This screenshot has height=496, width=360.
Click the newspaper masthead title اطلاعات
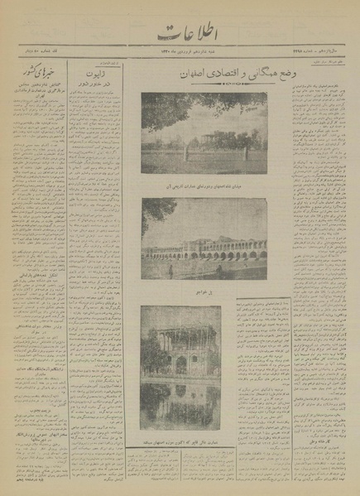181,36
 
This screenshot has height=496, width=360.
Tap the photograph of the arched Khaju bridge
204,243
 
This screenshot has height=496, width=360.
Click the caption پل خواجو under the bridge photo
204,292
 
